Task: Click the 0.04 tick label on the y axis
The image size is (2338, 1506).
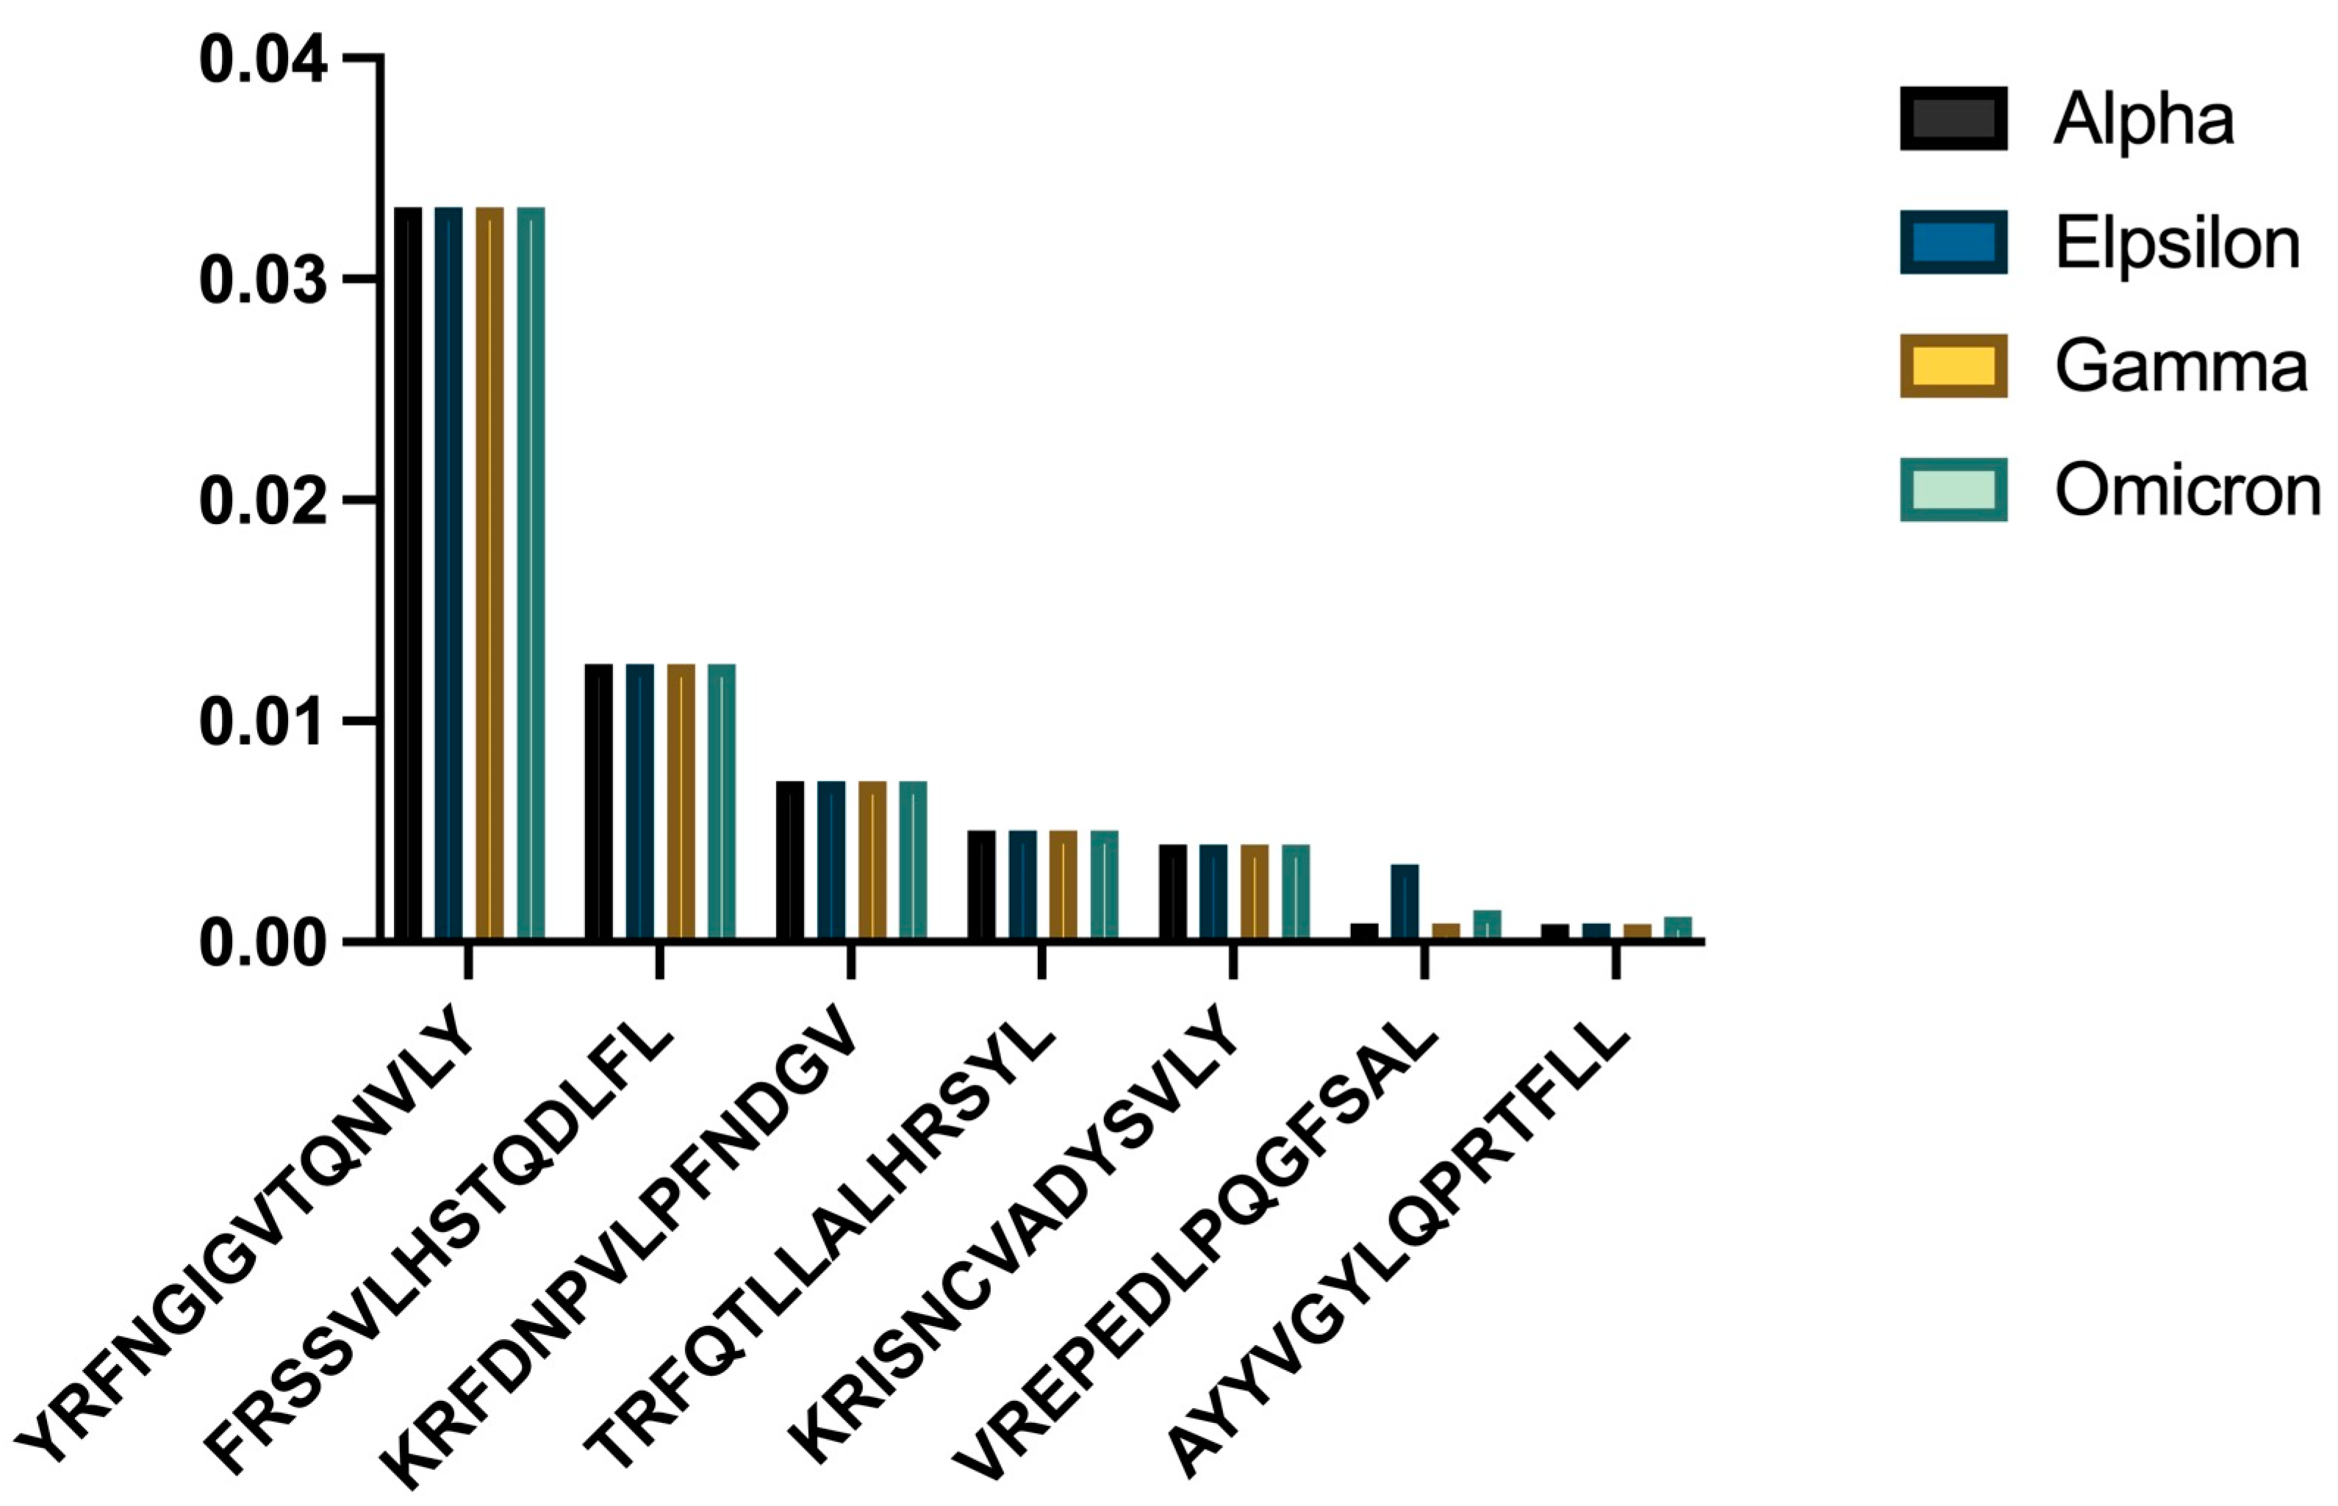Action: (x=262, y=60)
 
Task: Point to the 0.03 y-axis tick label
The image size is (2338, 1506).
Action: (x=262, y=281)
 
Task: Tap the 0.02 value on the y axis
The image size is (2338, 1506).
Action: (x=262, y=501)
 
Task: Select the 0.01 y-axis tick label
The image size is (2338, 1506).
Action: (x=262, y=722)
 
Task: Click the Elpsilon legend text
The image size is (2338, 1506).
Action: (x=2176, y=243)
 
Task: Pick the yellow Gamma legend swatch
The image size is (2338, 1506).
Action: (x=1953, y=366)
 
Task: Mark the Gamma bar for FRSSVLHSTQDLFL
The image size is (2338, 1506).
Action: (x=681, y=802)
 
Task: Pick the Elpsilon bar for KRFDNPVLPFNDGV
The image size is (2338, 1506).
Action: (x=831, y=861)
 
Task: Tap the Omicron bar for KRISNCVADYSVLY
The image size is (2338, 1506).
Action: (x=1296, y=892)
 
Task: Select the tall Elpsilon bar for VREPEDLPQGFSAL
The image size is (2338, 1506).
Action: (x=1404, y=902)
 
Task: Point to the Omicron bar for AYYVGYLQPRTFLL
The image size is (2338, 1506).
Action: (x=1678, y=928)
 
